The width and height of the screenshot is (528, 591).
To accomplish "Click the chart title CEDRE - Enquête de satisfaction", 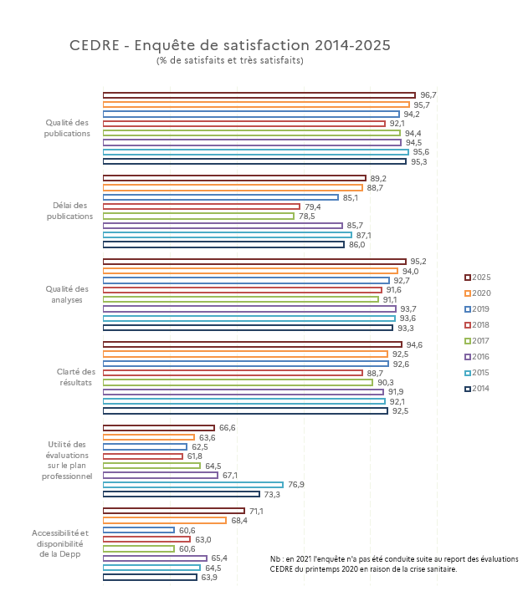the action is pos(230,46).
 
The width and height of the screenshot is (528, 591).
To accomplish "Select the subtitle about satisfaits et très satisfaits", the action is pos(230,60).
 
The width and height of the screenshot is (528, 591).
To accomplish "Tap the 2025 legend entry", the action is pos(478,278).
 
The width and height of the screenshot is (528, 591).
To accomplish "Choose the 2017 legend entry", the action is pos(477,341).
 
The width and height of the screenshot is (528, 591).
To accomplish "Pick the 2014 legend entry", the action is pos(477,388).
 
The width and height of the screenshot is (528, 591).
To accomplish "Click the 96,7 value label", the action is pos(428,95).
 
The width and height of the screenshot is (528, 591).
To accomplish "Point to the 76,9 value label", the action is pos(296,485).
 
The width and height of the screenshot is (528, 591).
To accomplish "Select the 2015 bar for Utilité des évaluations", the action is pos(192,485).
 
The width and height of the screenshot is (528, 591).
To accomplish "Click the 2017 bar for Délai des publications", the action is pos(198,217).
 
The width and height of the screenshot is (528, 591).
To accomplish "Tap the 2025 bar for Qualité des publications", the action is pos(259,95).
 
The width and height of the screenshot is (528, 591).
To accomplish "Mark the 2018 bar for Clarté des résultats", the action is pos(233,373).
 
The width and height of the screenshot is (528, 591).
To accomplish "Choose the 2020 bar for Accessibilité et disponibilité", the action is pos(165,521).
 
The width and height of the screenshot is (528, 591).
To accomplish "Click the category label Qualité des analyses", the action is pos(67,294).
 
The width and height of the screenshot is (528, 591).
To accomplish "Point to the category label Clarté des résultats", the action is pos(76,377).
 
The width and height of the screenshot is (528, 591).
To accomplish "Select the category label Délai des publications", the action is pos(69,211).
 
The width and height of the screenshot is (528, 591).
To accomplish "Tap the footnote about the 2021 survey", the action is pos(394,564).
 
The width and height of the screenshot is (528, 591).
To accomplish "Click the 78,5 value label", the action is pos(306,217).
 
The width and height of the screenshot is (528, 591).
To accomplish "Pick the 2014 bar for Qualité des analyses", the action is pos(248,328).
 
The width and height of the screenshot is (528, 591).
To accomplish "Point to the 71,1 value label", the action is pos(256,512).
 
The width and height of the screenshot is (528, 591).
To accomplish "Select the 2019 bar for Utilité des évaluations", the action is pos(145,447).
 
